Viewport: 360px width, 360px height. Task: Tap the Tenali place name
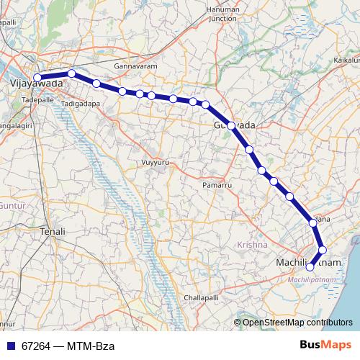tap(52, 232)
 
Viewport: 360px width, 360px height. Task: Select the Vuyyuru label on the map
tap(155, 162)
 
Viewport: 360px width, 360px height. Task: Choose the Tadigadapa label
tap(81, 103)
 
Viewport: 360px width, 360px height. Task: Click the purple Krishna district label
tap(251, 246)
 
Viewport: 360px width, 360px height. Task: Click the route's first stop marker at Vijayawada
tap(37, 78)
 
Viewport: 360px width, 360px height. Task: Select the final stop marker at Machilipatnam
tap(310, 267)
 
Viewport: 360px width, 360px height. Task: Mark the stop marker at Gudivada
tap(230, 125)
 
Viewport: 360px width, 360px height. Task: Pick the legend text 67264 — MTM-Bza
tap(63, 346)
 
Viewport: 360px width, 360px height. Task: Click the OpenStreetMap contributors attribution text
tap(297, 323)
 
